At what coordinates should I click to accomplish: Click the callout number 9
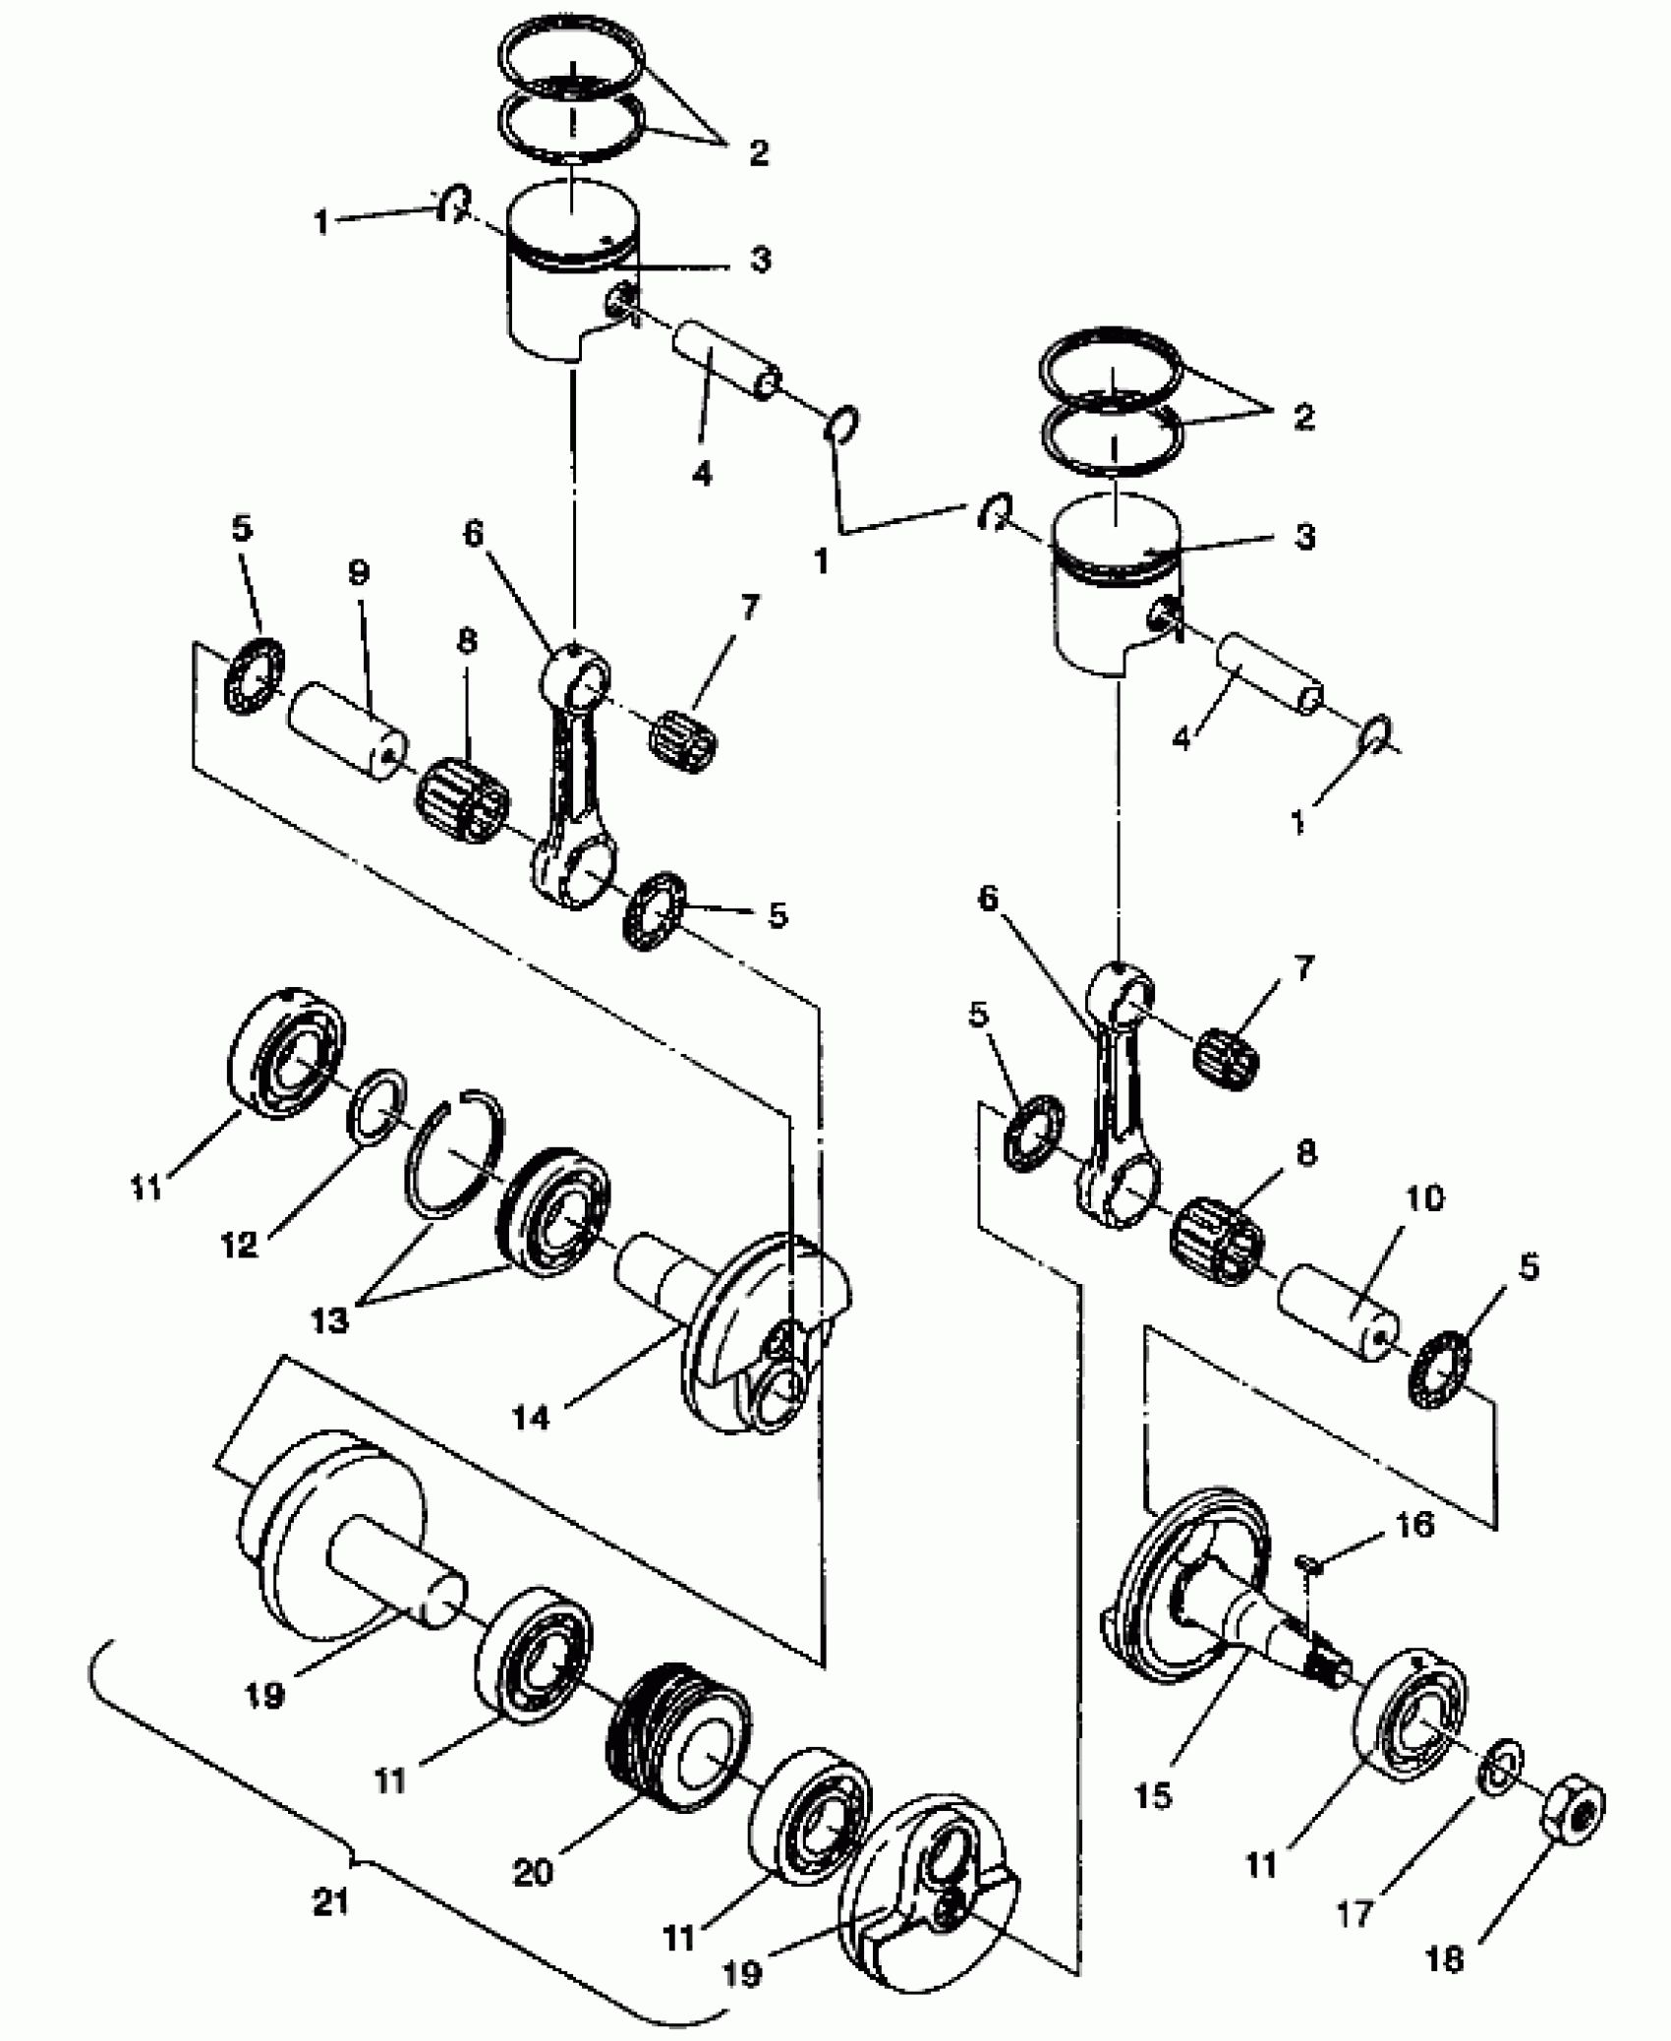358,575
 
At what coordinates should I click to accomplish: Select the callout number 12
239,1244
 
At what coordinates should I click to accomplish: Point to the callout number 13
329,1320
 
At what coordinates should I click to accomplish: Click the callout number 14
531,1417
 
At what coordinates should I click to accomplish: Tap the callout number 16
1412,1524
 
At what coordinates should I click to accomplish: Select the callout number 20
534,1874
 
